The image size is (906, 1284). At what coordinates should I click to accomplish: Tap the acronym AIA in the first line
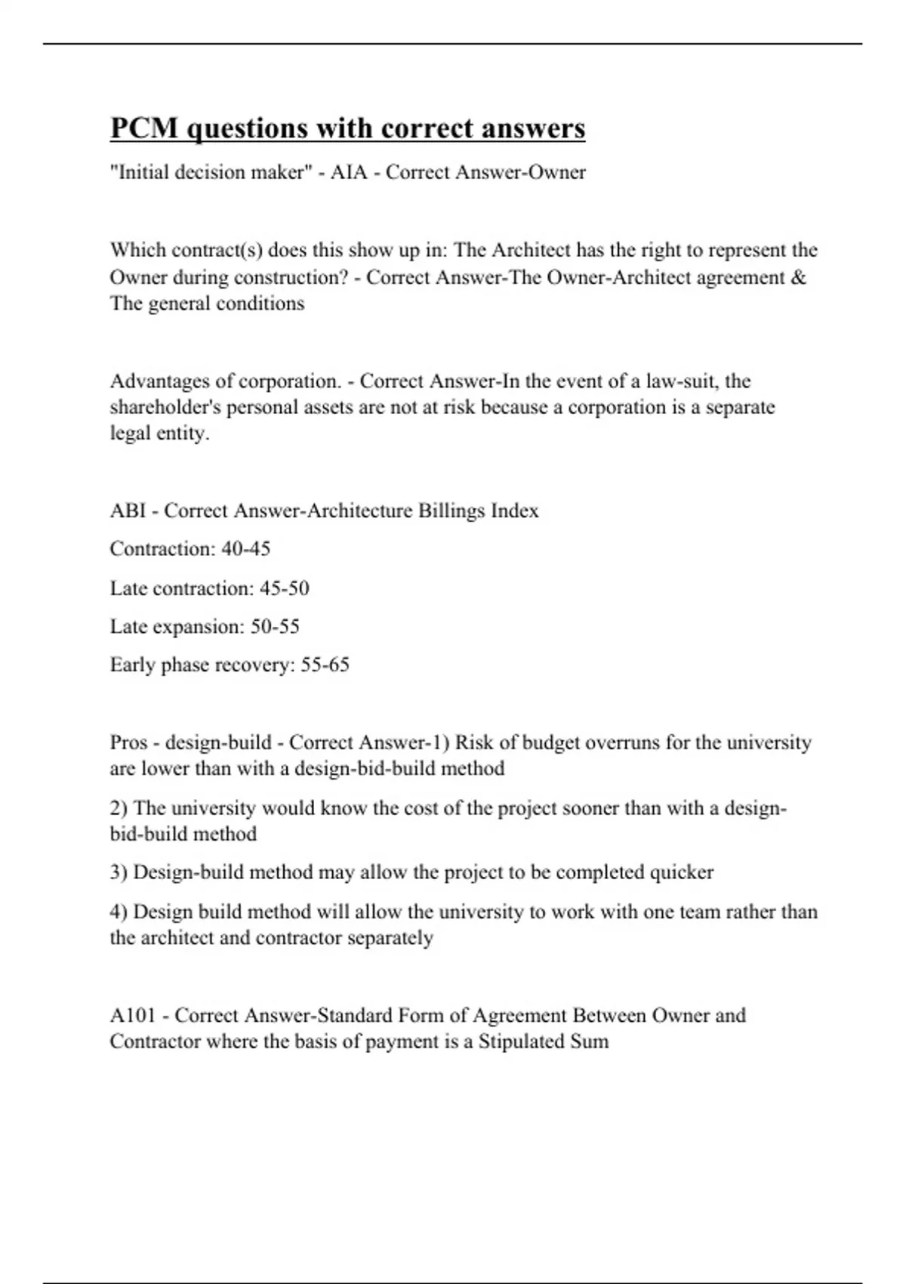pyautogui.click(x=349, y=172)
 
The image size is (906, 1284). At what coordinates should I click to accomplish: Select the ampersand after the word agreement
pyautogui.click(x=800, y=277)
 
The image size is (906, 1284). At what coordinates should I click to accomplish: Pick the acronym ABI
pyautogui.click(x=128, y=511)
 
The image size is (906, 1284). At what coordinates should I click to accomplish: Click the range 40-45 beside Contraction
pyautogui.click(x=245, y=548)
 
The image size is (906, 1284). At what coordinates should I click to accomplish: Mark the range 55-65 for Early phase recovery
pyautogui.click(x=325, y=665)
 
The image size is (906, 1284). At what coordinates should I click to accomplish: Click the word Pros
pyautogui.click(x=129, y=742)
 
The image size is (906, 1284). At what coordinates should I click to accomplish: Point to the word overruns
pyautogui.click(x=617, y=742)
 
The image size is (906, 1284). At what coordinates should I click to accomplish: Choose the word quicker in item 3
pyautogui.click(x=682, y=872)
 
